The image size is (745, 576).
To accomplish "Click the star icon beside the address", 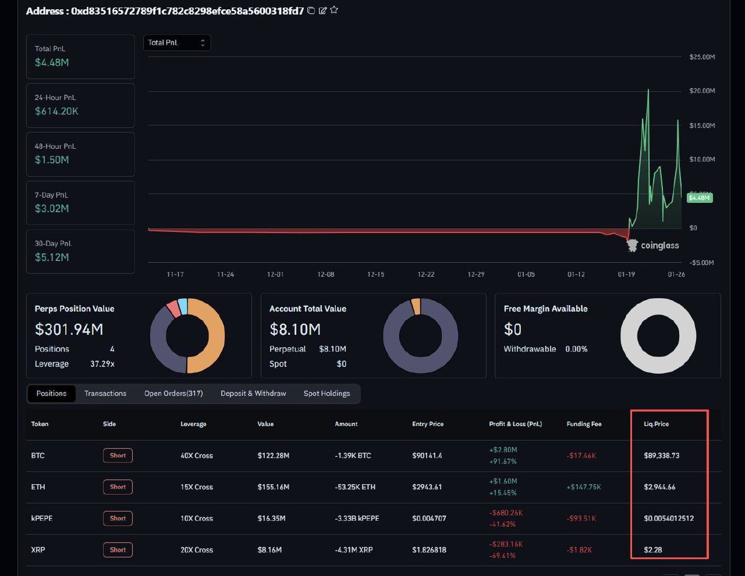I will (x=335, y=10).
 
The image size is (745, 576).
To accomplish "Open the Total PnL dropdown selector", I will (x=177, y=43).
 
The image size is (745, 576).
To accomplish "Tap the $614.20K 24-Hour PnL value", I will (x=56, y=112).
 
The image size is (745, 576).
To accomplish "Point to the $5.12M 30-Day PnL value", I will (x=52, y=257).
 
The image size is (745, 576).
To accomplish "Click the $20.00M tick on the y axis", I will (x=702, y=91).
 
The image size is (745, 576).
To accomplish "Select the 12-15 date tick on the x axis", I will (x=376, y=273).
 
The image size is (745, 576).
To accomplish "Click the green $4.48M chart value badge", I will (x=700, y=198).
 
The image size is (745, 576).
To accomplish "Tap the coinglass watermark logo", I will (x=653, y=246).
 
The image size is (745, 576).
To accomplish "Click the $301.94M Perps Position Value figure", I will (x=70, y=330).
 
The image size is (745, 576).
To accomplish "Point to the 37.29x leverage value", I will (x=102, y=364).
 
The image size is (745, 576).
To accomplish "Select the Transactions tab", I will (x=105, y=394).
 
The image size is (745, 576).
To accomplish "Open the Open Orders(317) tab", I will (x=173, y=394).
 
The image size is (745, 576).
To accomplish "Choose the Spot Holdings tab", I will (x=327, y=394).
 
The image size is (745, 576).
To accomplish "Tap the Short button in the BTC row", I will (x=118, y=456).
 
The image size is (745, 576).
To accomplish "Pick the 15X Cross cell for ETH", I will (x=196, y=487).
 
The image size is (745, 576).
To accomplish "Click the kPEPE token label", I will (x=42, y=518).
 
